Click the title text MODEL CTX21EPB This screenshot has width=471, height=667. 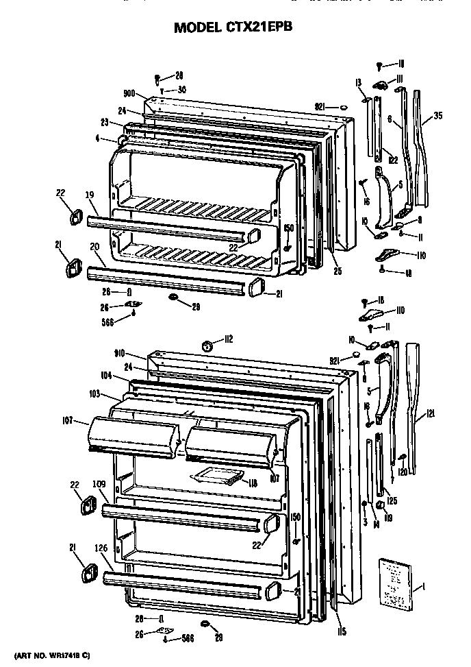click(x=235, y=28)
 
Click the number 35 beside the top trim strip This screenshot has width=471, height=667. click(x=437, y=116)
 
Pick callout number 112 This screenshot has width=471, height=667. click(x=228, y=339)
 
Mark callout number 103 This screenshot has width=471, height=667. click(x=95, y=395)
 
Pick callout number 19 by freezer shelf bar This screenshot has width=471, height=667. click(x=89, y=195)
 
